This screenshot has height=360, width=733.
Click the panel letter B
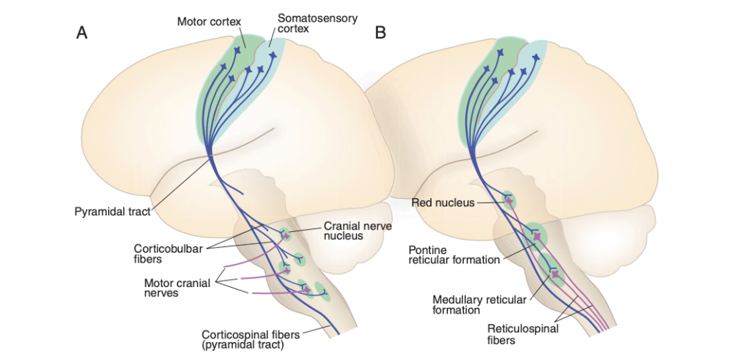coord(380,33)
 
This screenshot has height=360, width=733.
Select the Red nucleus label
coord(443,203)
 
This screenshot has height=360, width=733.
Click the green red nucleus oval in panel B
coord(508,200)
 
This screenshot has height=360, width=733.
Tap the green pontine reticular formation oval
coord(535,235)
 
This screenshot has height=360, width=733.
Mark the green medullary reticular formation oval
coord(552,269)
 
